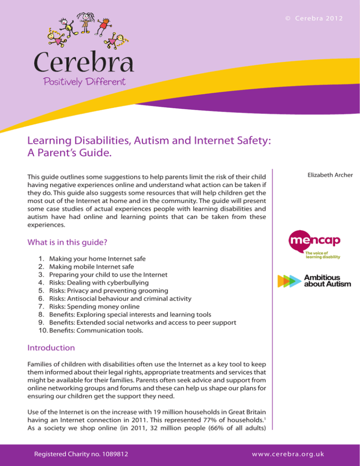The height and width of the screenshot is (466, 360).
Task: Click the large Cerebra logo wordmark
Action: point(83,63)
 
